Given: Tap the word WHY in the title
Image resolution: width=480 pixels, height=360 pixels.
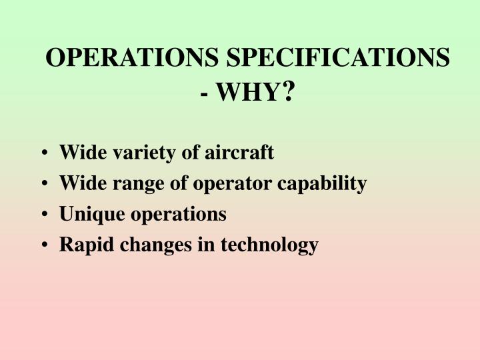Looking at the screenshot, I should click(x=247, y=93).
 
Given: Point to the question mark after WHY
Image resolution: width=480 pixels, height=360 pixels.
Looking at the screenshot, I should click(x=289, y=92).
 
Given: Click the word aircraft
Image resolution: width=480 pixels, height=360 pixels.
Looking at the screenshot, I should click(x=238, y=153).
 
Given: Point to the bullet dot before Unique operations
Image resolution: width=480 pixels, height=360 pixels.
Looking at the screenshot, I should click(x=43, y=215).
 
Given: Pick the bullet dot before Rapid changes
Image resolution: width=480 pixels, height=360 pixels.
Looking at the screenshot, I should click(x=43, y=246).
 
